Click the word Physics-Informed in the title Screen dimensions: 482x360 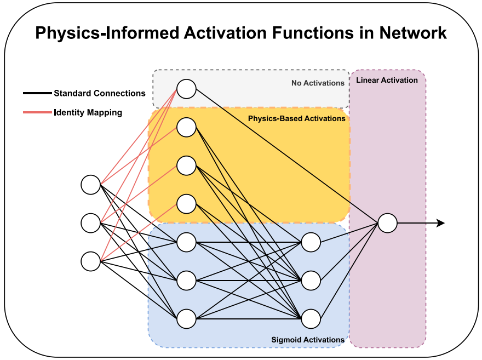107,33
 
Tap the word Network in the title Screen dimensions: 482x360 413,32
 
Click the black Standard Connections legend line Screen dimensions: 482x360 37,93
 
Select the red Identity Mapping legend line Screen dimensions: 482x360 37,112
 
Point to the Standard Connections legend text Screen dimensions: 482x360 100,93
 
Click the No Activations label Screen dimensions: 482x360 318,83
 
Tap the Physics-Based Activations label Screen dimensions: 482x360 297,119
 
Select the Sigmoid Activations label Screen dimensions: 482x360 308,340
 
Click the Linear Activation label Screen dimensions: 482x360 387,80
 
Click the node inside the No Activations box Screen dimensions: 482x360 186,89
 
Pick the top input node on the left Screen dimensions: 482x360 91,185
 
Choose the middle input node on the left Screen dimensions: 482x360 91,223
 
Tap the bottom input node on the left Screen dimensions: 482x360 91,261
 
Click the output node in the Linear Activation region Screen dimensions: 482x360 387,223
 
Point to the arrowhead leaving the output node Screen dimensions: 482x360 441,223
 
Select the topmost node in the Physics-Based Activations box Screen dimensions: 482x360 186,127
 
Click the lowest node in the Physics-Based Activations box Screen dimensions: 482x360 186,204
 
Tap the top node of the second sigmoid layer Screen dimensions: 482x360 311,242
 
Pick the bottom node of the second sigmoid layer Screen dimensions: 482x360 311,319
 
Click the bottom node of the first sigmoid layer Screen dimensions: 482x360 186,319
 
